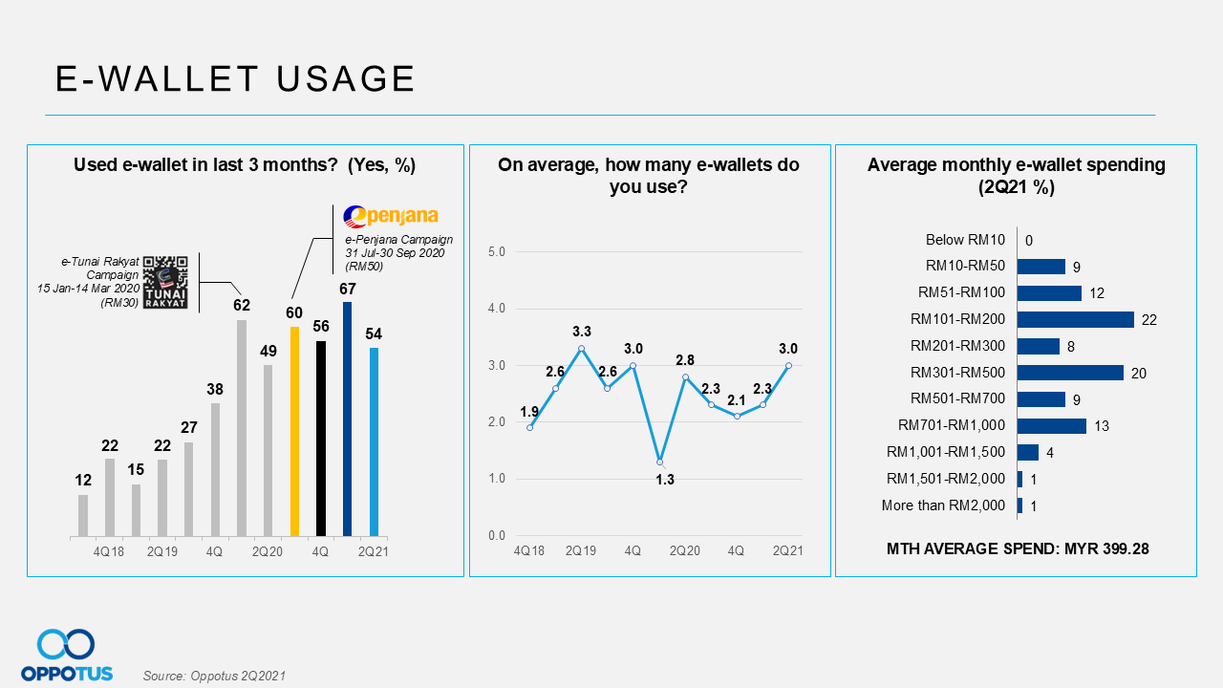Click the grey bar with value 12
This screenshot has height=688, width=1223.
click(83, 515)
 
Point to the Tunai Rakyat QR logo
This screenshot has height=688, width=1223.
click(164, 283)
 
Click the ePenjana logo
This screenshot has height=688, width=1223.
click(390, 216)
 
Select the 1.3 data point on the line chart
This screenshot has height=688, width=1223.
click(659, 462)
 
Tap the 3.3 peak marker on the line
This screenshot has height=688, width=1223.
click(581, 349)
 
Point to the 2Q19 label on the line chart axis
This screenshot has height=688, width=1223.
click(580, 551)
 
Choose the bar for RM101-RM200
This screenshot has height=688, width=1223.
click(1076, 319)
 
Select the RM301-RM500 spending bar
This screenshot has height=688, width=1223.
click(1070, 373)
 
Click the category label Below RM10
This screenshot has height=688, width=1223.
click(965, 240)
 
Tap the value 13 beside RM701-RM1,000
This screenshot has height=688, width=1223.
click(1102, 426)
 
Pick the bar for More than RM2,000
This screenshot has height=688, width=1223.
click(1020, 505)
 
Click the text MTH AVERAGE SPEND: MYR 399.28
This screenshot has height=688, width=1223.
click(1017, 549)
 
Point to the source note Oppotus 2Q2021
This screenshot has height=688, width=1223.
click(214, 676)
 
